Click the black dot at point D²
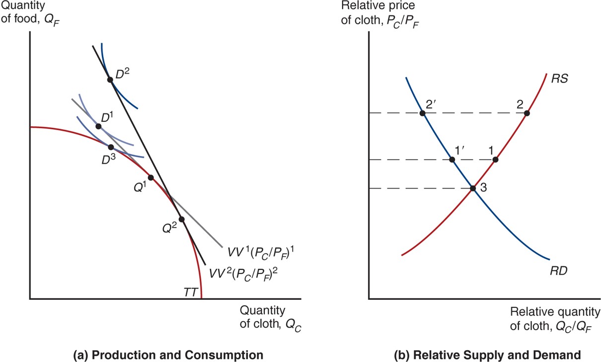(110, 80)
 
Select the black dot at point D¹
(98, 126)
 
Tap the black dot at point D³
(111, 147)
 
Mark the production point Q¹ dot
(150, 178)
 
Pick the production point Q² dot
(181, 219)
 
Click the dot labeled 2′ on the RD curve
(422, 113)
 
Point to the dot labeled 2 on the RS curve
(527, 113)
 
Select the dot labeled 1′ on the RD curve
(452, 160)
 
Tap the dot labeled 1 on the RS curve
(495, 160)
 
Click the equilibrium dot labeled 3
(473, 188)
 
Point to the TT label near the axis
(190, 292)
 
